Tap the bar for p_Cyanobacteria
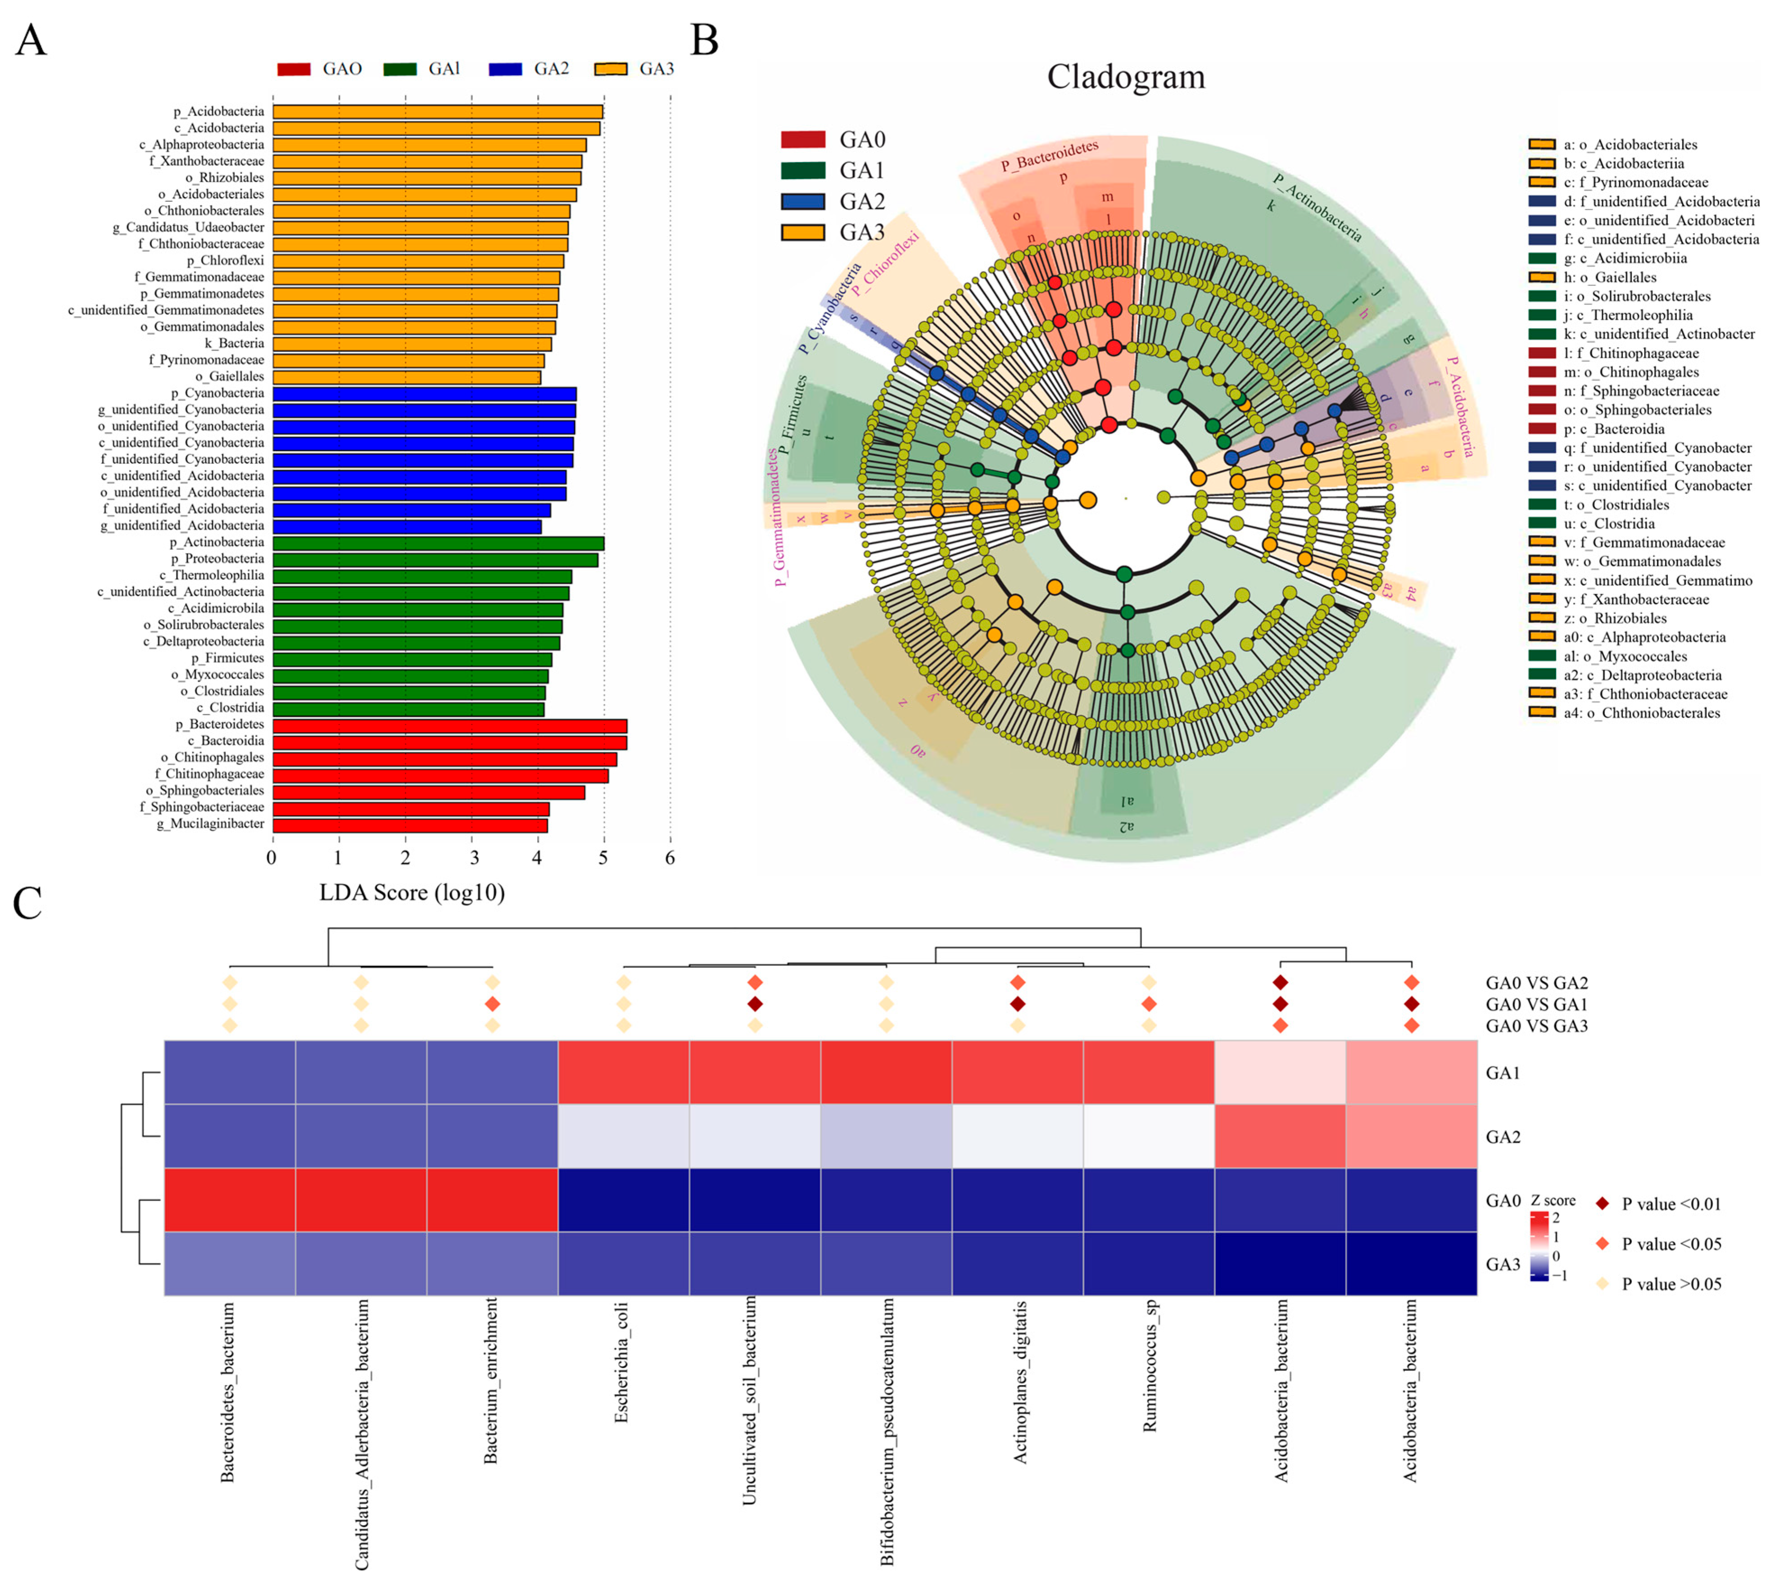(x=424, y=394)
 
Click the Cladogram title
(x=1126, y=77)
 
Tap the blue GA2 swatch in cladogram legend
(x=802, y=202)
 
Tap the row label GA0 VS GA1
(x=1536, y=1005)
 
